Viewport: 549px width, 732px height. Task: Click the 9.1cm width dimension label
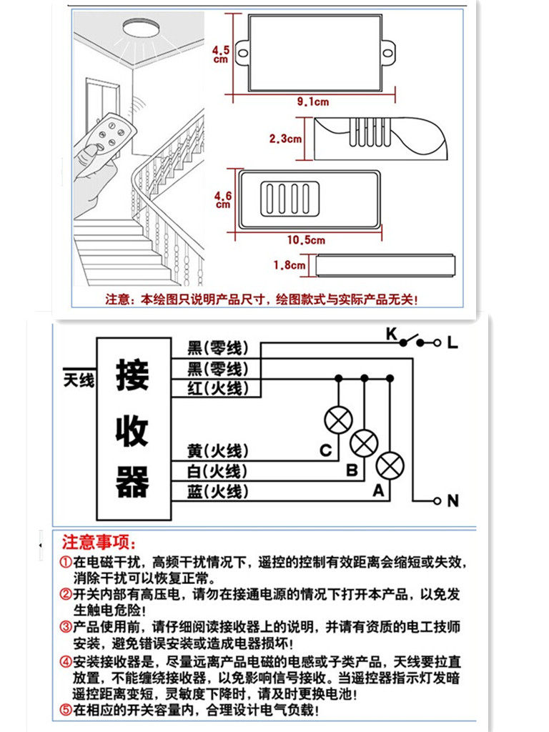pos(312,102)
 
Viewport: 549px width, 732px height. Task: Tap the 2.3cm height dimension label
pos(285,139)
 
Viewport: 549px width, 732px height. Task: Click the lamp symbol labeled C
pos(337,420)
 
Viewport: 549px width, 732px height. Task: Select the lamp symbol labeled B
pos(364,443)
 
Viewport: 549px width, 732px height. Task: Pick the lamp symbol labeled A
pos(390,466)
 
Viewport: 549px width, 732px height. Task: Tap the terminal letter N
pos(452,501)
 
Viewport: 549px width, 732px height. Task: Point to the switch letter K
pos(391,334)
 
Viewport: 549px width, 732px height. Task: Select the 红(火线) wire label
pos(218,387)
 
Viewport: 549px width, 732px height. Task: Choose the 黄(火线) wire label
pos(218,450)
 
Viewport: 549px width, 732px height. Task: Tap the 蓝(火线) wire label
pos(218,491)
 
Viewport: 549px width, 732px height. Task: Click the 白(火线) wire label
pos(218,471)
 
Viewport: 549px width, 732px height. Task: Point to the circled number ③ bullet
pos(65,627)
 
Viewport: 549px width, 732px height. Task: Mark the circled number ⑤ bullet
pos(65,711)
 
